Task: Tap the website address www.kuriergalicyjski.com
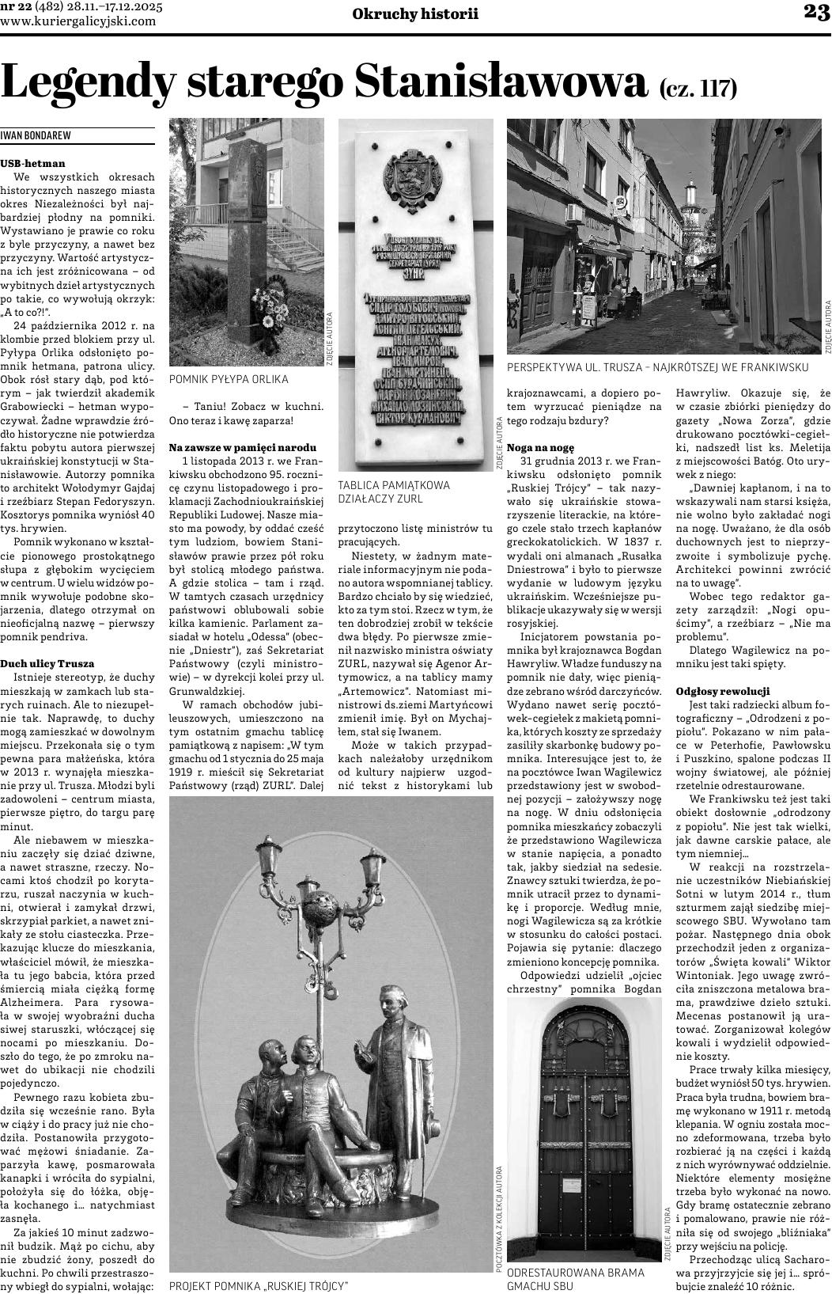coord(78,21)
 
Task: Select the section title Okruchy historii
coord(415,15)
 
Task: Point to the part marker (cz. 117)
coord(698,87)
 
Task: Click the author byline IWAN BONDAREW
coord(36,135)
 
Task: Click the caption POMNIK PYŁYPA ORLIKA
coord(229,379)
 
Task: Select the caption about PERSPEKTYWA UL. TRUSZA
coord(657,367)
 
